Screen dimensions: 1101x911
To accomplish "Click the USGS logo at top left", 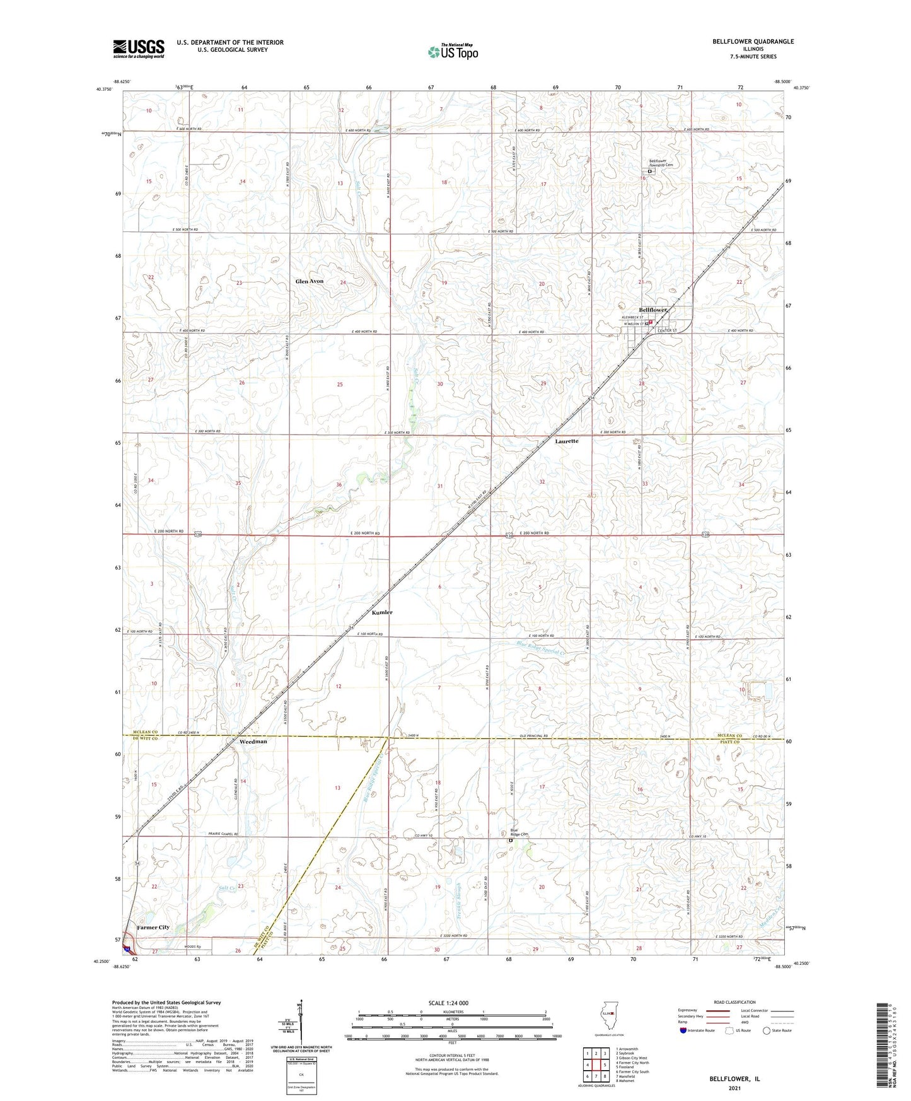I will click(139, 49).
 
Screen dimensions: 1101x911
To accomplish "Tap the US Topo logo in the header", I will click(453, 52).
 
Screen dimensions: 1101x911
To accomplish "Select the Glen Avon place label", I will click(309, 281).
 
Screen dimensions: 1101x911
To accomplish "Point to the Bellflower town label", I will click(653, 310).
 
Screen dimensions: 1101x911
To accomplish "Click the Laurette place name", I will click(566, 441).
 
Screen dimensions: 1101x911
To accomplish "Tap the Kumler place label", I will click(382, 612).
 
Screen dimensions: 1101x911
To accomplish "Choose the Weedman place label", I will click(253, 742).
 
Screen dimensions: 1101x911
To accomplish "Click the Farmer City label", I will click(153, 928).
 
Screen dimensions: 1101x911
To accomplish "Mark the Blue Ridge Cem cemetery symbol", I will click(511, 841).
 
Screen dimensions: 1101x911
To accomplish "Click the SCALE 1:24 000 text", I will click(448, 1003).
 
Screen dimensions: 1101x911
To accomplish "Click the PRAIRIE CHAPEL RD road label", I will click(224, 834).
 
